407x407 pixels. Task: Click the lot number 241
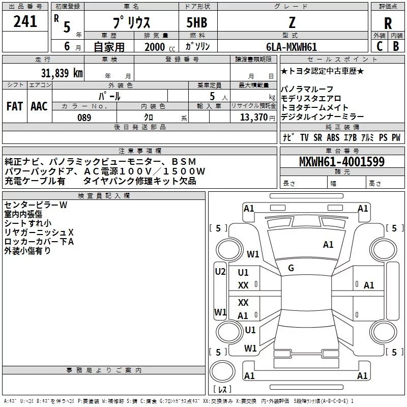[x=25, y=21]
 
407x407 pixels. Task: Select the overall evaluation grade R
[x=388, y=23]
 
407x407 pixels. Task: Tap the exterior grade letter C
[x=379, y=46]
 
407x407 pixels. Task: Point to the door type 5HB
[x=197, y=23]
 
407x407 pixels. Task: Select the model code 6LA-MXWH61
[x=292, y=47]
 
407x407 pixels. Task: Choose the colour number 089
[x=84, y=118]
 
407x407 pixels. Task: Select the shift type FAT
[x=15, y=106]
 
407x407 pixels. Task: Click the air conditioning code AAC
[x=39, y=106]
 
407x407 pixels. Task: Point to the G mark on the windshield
[x=291, y=268]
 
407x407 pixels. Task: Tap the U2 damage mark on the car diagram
[x=220, y=272]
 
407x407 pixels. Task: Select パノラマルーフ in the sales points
[x=307, y=90]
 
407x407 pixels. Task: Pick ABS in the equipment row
[x=333, y=138]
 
